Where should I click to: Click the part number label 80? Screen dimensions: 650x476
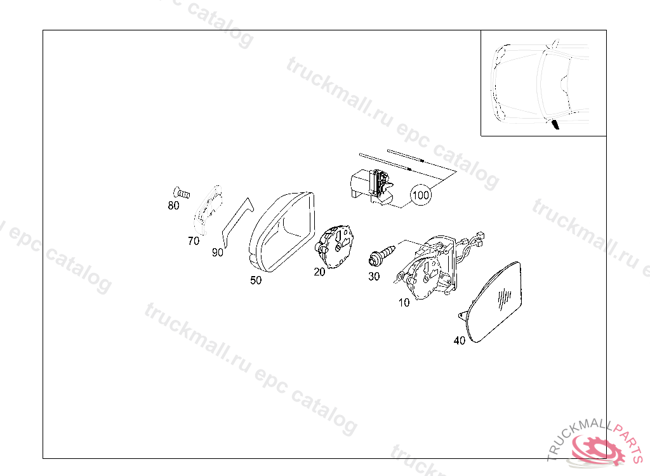click(x=173, y=205)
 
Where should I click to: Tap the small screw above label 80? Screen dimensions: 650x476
click(x=182, y=193)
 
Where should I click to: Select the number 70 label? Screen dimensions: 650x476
click(x=194, y=241)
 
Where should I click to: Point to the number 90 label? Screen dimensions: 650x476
click(x=218, y=252)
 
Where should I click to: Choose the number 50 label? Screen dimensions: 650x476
click(x=256, y=281)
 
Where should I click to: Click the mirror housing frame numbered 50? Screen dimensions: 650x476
click(x=282, y=232)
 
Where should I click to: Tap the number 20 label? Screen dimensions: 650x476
click(x=319, y=272)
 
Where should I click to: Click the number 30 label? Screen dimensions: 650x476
click(x=374, y=276)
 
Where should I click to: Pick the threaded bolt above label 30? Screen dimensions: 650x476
click(x=381, y=255)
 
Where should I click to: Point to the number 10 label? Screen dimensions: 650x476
click(x=404, y=303)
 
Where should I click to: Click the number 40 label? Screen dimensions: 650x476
click(x=460, y=340)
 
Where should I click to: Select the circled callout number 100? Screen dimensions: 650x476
click(x=421, y=195)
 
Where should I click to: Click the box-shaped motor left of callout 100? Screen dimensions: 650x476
click(x=372, y=186)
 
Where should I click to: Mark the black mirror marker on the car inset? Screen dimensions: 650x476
click(x=555, y=124)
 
